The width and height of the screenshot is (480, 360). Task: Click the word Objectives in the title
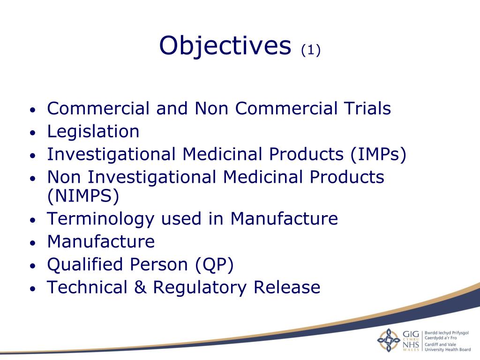tap(225, 46)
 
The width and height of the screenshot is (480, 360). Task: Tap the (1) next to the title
tap(310, 50)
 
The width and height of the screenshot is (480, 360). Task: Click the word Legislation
tap(93, 132)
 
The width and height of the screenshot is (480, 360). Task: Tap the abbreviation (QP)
tap(214, 264)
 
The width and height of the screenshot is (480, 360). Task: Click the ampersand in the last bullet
tap(140, 287)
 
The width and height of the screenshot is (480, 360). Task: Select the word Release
tap(287, 287)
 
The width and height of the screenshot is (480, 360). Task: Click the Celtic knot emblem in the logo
tap(389, 340)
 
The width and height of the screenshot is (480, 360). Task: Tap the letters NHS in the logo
tap(411, 345)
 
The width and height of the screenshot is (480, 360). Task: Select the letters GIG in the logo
tap(411, 334)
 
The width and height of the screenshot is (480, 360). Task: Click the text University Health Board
tap(447, 349)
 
